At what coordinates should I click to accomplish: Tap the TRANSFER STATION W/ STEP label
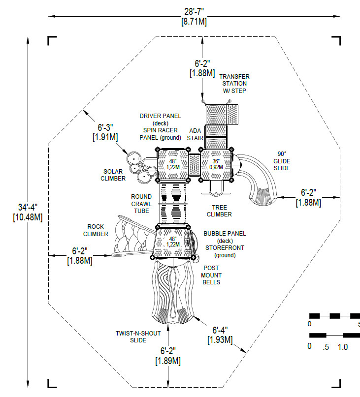[x=234, y=84]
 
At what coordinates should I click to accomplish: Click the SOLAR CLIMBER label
[x=113, y=175]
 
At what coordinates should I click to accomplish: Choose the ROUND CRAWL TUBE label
[x=141, y=204]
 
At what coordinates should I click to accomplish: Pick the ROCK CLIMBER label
[x=96, y=230]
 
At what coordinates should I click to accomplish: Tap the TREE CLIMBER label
[x=219, y=211]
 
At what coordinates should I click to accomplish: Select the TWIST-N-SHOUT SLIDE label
[x=138, y=336]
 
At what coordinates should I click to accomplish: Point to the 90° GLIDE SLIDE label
[x=282, y=161]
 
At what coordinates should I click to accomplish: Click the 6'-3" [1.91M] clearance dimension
[x=104, y=131]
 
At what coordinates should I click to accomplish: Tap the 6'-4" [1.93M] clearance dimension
[x=220, y=335]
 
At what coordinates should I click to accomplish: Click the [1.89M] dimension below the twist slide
[x=168, y=361]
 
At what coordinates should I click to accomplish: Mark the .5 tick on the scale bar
[x=325, y=346]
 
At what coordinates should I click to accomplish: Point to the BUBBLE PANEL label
[x=225, y=233]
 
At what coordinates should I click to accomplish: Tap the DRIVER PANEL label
[x=160, y=116]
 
